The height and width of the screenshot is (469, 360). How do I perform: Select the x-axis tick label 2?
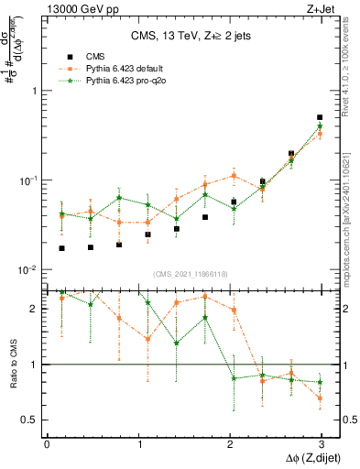228,443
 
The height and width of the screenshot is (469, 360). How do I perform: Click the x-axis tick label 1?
137,443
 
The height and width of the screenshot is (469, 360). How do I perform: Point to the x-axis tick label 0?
47,443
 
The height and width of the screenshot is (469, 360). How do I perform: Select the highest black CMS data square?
320,117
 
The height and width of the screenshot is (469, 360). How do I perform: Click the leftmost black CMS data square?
61,248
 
